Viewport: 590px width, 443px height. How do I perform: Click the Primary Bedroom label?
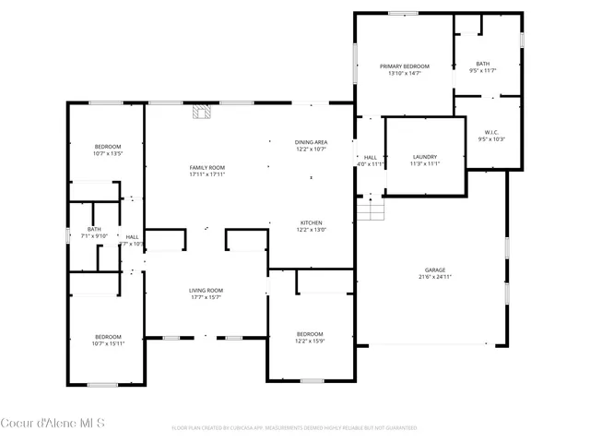coord(406,66)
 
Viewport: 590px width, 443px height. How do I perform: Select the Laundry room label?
coord(425,157)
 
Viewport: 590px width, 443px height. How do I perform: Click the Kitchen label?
coord(311,223)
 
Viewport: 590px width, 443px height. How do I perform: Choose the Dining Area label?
coord(311,142)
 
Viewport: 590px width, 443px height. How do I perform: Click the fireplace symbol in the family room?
coord(201,113)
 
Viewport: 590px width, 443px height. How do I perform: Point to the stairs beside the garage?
coord(370,211)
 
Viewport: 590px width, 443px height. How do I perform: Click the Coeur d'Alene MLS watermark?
coord(53,425)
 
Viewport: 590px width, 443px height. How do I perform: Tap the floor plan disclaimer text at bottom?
coord(294,428)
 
